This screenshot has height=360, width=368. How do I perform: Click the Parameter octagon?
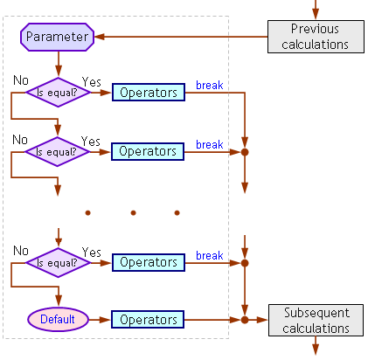click(x=58, y=37)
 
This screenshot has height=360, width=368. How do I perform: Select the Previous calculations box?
click(x=316, y=37)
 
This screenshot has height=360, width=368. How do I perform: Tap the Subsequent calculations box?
click(x=316, y=320)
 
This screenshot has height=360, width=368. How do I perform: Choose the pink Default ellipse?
click(x=58, y=320)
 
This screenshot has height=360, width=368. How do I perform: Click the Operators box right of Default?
click(x=148, y=320)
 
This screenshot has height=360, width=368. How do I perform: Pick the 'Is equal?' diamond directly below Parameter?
click(x=59, y=93)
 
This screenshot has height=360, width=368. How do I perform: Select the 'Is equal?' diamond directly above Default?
click(x=59, y=263)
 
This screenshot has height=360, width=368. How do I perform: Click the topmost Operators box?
click(x=149, y=93)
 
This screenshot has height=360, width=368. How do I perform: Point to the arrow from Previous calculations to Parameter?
click(x=181, y=37)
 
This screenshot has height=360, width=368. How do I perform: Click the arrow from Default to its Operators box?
click(x=100, y=320)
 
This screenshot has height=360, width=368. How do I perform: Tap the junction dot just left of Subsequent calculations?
click(x=245, y=320)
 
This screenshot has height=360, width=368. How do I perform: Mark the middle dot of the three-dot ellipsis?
click(x=133, y=213)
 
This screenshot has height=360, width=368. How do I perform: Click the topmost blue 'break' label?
click(x=210, y=85)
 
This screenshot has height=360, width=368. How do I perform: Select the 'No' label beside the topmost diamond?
click(x=21, y=80)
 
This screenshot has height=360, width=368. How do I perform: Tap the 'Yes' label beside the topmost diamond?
click(x=92, y=82)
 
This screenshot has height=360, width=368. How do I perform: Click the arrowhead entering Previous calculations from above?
click(x=316, y=13)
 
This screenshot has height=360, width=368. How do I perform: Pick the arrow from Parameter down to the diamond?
click(x=59, y=64)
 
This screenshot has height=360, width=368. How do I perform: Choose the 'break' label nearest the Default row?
click(x=210, y=255)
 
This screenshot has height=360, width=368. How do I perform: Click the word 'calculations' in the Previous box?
click(x=315, y=45)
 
